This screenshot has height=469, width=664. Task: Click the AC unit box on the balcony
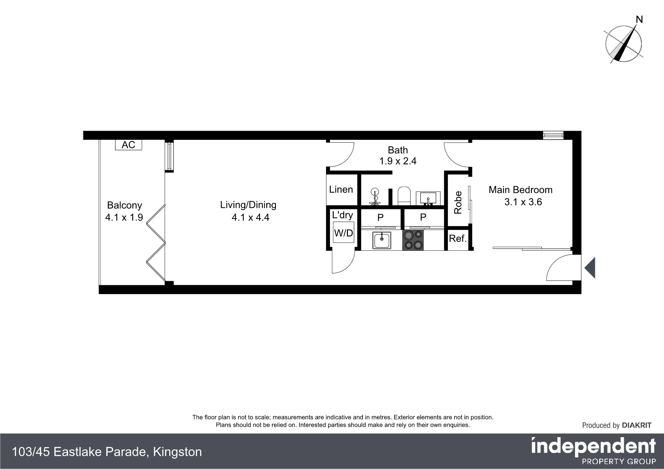point(128,145)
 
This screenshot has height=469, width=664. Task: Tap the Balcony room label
point(124,205)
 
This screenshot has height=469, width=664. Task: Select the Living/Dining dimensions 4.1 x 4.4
point(250,218)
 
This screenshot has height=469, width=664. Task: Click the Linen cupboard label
point(341,189)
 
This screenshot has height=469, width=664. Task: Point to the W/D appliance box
point(344,232)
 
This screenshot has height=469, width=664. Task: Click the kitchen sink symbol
point(382,240)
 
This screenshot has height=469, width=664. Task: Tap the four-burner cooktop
point(413,240)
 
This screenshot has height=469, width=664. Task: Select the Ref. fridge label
point(458,238)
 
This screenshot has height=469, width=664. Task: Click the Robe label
point(458,203)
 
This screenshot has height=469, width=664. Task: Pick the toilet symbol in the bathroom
point(404,196)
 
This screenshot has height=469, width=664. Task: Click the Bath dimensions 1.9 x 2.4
point(398,161)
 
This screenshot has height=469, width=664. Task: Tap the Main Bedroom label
point(521,190)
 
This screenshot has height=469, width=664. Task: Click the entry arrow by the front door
point(590,268)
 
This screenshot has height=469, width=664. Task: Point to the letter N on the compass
point(639,20)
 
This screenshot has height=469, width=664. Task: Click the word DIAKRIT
point(636,425)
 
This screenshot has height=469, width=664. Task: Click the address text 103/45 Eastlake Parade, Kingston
point(107,452)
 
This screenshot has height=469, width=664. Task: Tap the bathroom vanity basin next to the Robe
point(428,199)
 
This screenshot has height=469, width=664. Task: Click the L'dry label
point(342,215)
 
